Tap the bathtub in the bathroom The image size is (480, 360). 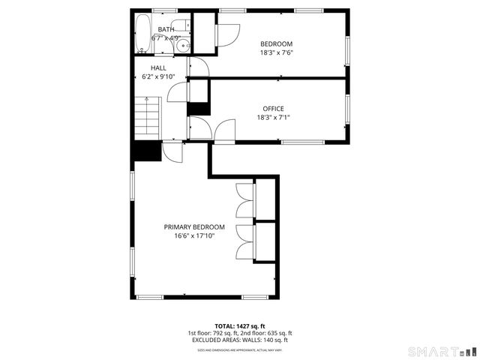coord(142,35)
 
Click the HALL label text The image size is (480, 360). coord(158,67)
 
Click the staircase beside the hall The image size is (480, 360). coord(147,118)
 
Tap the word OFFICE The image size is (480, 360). coord(273,109)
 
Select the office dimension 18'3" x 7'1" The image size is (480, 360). coord(273,118)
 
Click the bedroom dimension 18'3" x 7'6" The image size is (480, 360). coord(276,53)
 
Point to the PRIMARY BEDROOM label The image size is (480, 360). coord(194,227)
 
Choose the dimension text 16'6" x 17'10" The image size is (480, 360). coord(194,236)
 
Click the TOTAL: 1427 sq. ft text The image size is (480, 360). coord(240,325)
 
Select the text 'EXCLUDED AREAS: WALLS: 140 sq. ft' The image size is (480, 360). coord(240,340)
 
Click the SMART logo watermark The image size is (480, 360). coord(439,351)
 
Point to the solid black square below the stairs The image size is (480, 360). coord(147,150)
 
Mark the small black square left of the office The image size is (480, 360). coord(198,107)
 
